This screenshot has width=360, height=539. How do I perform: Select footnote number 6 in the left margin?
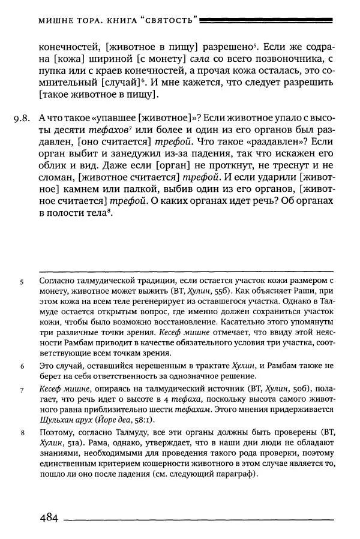22,365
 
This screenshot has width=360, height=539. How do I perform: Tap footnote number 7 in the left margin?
22,390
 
